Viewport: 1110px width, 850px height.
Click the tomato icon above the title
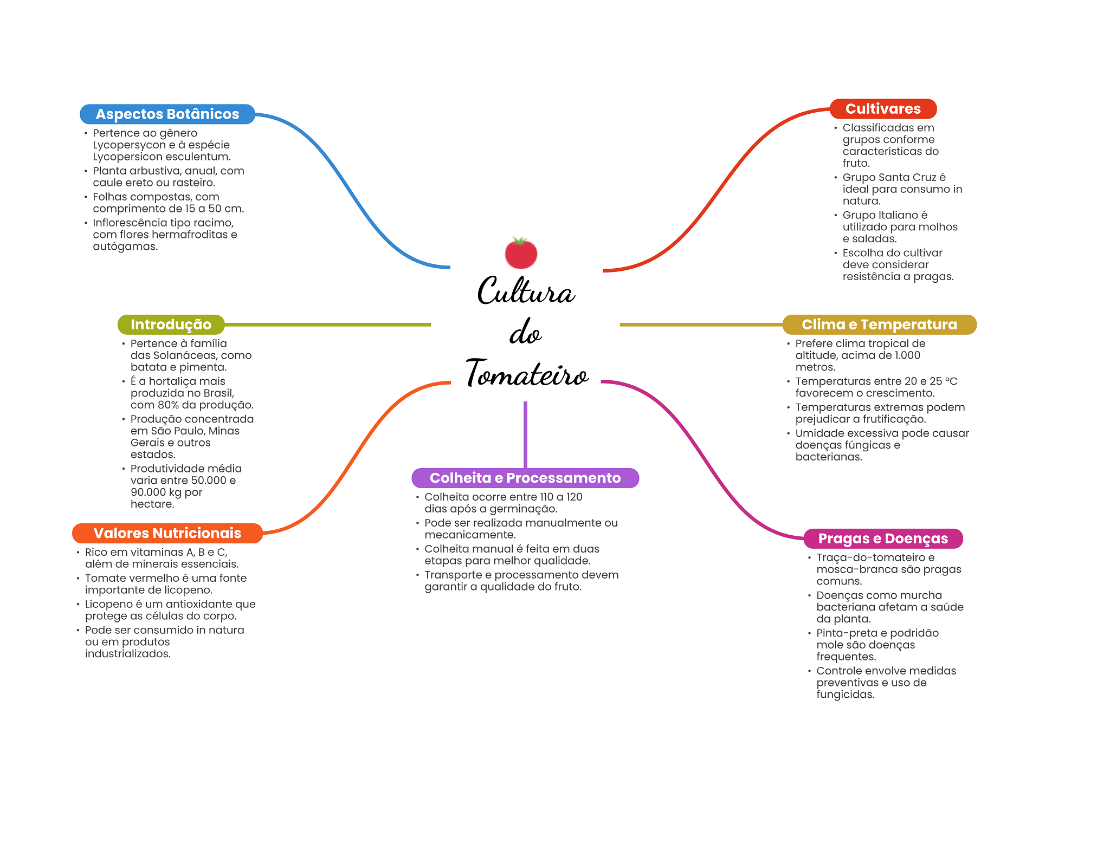point(521,254)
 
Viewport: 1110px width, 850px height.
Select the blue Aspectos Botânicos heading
point(167,114)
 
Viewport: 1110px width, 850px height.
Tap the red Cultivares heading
point(883,109)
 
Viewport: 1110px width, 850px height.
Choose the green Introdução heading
point(171,325)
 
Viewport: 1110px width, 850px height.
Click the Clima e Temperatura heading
point(879,325)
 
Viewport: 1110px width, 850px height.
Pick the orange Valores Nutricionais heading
point(167,533)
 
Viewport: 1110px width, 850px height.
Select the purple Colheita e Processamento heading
point(525,478)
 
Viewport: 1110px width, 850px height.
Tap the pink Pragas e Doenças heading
point(883,538)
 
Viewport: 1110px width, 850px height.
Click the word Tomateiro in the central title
point(527,374)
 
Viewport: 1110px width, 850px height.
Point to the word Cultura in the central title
point(526,291)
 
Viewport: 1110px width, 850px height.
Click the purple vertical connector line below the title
point(525,433)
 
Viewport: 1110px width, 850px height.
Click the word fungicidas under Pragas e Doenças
point(845,695)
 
